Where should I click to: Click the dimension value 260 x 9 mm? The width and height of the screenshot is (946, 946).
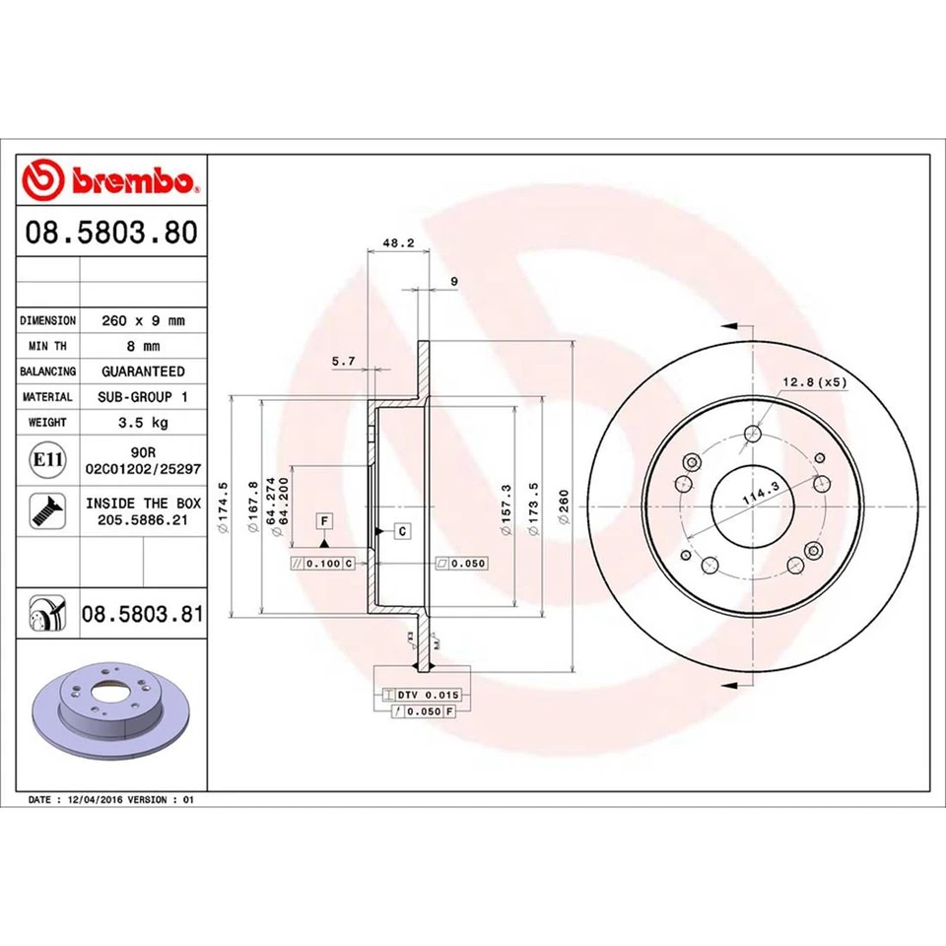tap(143, 320)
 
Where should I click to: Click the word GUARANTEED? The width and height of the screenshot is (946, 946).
tap(143, 372)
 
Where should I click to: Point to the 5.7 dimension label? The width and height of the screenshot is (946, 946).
tap(344, 362)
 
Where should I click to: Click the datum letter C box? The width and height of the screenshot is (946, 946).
tap(403, 531)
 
